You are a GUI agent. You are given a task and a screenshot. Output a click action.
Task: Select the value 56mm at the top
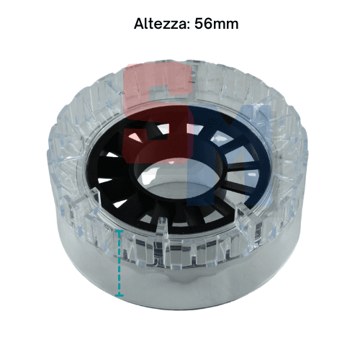(x=217, y=24)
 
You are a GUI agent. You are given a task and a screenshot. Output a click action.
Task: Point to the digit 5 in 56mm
(x=199, y=24)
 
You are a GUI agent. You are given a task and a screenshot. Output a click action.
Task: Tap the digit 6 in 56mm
(x=208, y=24)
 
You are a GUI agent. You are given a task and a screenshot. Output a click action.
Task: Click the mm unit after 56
(x=226, y=25)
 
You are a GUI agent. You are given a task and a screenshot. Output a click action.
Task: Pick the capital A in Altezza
(x=139, y=24)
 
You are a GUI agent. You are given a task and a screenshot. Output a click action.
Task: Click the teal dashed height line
(x=120, y=263)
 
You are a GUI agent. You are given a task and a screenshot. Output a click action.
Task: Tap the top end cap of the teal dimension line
(x=120, y=231)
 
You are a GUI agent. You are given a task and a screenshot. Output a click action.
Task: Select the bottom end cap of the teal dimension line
(x=120, y=295)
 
